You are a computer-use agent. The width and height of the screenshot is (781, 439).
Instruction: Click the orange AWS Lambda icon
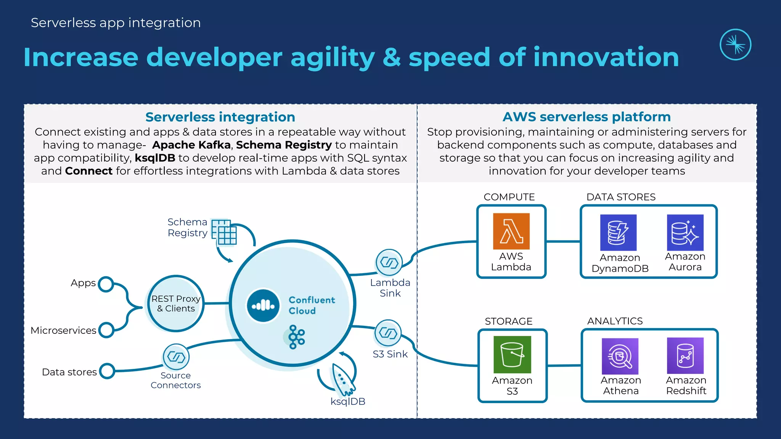tap(511, 231)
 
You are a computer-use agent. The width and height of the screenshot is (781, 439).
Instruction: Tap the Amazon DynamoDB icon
tap(618, 232)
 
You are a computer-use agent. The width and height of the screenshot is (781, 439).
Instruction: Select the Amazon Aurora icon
tap(685, 232)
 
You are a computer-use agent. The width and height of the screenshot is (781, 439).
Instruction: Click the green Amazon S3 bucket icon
tap(512, 354)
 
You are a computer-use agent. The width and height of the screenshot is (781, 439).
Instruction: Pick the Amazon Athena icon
tap(620, 356)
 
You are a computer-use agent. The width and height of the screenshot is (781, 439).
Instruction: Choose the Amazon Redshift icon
tap(685, 356)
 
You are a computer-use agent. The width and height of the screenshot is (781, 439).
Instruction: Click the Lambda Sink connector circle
tap(389, 263)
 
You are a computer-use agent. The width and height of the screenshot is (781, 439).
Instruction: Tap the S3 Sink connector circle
tap(388, 333)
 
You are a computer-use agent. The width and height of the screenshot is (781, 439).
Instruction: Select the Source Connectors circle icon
tap(176, 357)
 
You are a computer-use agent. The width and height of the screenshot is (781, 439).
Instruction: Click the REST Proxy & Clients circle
tap(176, 304)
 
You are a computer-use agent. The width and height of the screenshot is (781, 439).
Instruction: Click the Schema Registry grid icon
tap(224, 232)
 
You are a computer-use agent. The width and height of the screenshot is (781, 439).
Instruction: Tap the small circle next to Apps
tap(106, 284)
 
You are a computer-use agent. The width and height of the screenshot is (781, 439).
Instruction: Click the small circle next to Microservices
tap(106, 330)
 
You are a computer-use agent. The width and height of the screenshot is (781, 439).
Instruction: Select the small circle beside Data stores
tap(107, 371)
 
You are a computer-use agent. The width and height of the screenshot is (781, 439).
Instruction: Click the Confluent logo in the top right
tap(735, 45)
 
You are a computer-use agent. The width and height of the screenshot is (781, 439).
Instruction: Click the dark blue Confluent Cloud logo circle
tap(263, 305)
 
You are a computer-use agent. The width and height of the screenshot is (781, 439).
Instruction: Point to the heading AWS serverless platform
tap(587, 117)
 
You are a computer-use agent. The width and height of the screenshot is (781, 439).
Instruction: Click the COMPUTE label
tap(509, 197)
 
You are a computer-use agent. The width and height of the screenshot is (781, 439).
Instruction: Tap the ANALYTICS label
tap(615, 321)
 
